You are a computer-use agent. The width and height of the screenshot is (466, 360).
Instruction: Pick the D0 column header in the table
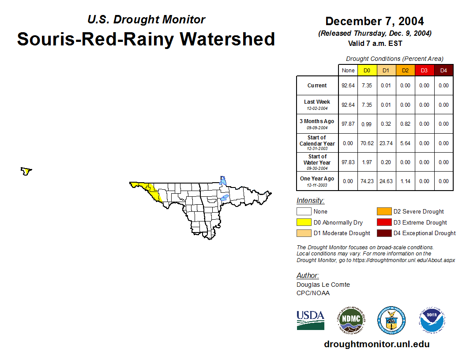pyautogui.click(x=367, y=71)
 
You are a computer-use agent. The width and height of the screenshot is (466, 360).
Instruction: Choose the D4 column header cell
pyautogui.click(x=443, y=71)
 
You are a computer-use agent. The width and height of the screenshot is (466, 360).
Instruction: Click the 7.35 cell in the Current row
pyautogui.click(x=367, y=86)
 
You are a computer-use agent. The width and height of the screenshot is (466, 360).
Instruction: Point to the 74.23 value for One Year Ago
pyautogui.click(x=367, y=181)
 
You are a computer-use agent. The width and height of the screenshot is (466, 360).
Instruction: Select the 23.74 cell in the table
pyautogui.click(x=386, y=143)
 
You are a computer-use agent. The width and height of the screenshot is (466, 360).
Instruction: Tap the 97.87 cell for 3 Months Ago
pyautogui.click(x=348, y=124)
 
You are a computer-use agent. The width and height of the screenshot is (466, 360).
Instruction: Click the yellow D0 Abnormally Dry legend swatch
pyautogui.click(x=304, y=222)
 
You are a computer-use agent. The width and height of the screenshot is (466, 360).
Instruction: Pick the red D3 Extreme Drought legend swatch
pyautogui.click(x=383, y=222)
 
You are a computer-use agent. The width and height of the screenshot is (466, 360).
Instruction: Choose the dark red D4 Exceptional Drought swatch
pyautogui.click(x=383, y=233)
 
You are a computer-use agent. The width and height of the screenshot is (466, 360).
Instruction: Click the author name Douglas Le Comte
pyautogui.click(x=323, y=285)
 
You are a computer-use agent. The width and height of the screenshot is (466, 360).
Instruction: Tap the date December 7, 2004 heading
pyautogui.click(x=375, y=21)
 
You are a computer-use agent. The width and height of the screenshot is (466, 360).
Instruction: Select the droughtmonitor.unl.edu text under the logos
pyautogui.click(x=376, y=344)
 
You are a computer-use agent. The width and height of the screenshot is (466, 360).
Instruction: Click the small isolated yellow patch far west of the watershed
pyautogui.click(x=26, y=171)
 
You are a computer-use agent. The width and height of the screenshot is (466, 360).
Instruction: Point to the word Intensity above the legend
pyautogui.click(x=310, y=201)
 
